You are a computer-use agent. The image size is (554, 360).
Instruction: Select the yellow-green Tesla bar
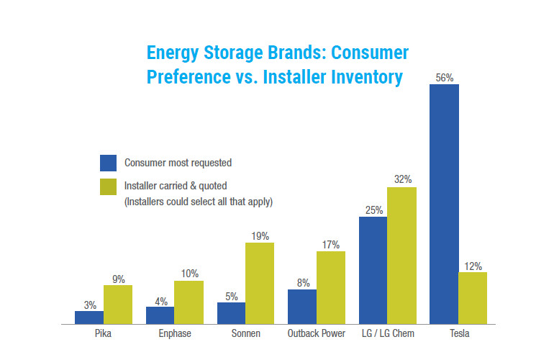[x=473, y=298]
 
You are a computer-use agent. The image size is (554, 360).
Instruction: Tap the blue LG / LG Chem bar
[x=373, y=270]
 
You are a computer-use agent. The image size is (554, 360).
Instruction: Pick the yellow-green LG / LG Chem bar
[x=401, y=256]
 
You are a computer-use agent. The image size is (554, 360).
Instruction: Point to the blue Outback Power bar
[x=302, y=307]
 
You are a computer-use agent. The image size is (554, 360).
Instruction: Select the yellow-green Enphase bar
[x=189, y=302]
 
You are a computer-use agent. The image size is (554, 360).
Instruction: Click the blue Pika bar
[x=89, y=318]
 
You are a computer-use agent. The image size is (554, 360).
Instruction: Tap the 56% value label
[x=444, y=76]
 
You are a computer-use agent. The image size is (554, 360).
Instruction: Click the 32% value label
[x=401, y=179]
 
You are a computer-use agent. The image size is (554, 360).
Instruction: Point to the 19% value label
[x=260, y=235]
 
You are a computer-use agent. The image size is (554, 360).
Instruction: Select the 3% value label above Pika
[x=90, y=305]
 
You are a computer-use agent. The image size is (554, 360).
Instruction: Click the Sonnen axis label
[x=245, y=333]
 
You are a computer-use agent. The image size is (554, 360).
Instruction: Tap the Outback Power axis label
[x=316, y=333]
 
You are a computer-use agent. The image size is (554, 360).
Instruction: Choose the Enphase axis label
[x=175, y=333]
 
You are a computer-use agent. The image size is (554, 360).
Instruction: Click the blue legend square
[x=108, y=163]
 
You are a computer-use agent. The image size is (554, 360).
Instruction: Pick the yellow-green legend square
[x=108, y=186]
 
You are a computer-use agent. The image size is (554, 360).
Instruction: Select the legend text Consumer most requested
[x=178, y=163]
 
